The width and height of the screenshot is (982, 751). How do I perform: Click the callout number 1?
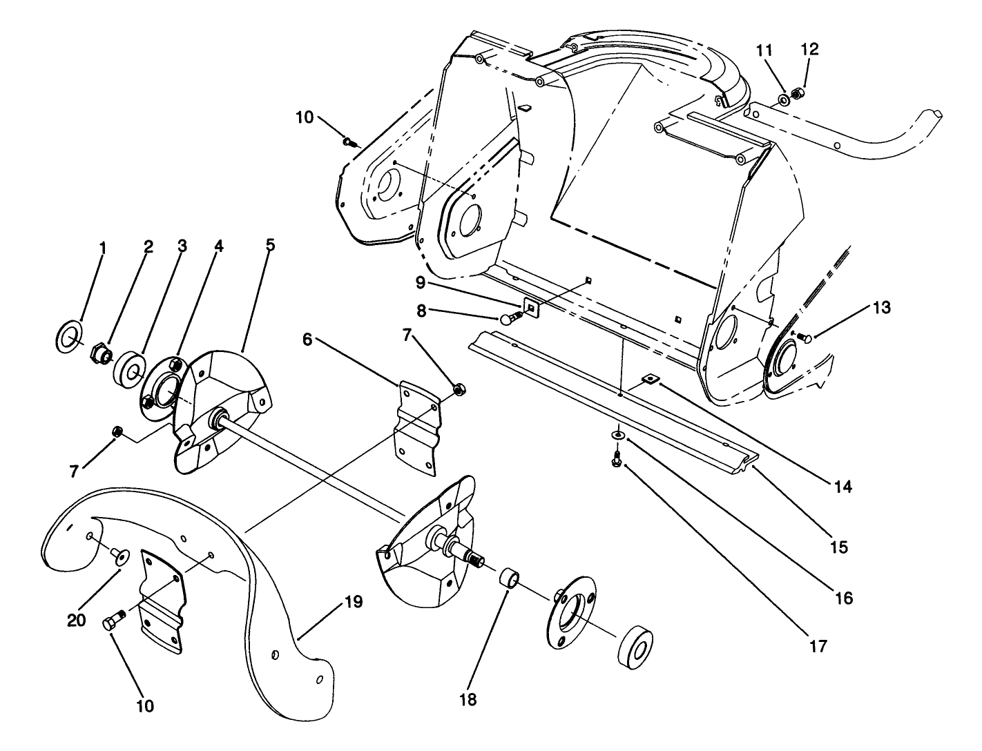[x=102, y=247]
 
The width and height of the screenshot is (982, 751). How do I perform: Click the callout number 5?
[x=270, y=245]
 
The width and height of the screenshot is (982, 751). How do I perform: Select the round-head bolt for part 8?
[x=510, y=318]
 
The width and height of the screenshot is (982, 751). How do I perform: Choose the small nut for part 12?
[x=796, y=92]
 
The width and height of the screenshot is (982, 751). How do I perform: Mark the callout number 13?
[x=880, y=307]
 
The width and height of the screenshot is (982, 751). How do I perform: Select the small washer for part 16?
[x=617, y=436]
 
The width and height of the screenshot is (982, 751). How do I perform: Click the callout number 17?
[x=818, y=647]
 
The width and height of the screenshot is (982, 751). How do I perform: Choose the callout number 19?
[x=353, y=603]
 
